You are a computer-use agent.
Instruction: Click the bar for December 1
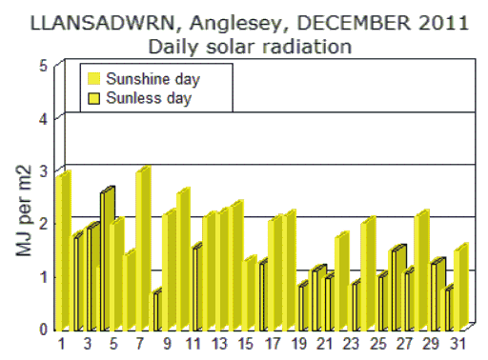click(x=63, y=251)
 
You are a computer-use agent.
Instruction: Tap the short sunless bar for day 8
click(x=156, y=310)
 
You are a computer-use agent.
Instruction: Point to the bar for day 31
click(x=460, y=289)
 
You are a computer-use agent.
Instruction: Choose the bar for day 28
click(x=421, y=270)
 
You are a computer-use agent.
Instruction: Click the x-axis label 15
click(x=247, y=343)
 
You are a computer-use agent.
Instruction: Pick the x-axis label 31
click(x=458, y=343)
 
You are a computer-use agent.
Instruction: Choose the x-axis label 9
click(x=168, y=343)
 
